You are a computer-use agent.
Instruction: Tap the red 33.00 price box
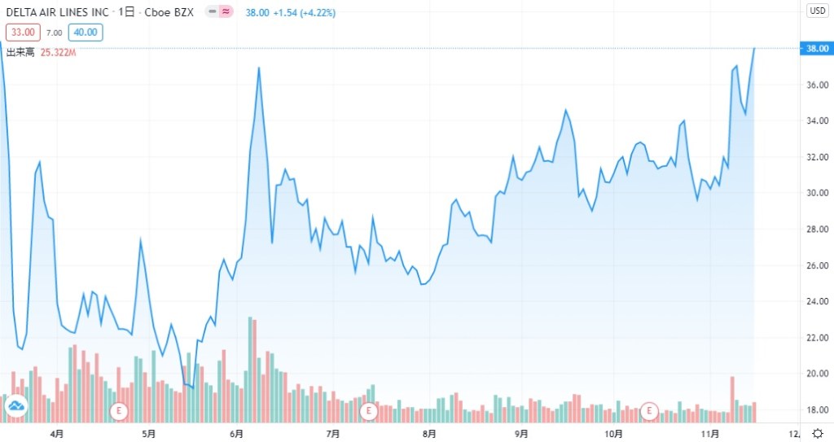click(22, 33)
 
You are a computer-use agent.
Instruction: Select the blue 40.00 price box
click(86, 33)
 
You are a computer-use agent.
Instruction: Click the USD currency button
click(817, 11)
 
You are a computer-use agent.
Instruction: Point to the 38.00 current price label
click(817, 49)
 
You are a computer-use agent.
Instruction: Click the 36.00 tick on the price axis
click(817, 85)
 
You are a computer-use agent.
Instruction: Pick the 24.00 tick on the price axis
click(817, 301)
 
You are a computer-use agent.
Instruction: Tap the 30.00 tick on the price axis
click(817, 193)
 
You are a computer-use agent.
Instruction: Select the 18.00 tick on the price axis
click(817, 409)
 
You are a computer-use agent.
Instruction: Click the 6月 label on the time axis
click(237, 433)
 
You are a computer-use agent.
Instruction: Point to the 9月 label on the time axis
click(521, 433)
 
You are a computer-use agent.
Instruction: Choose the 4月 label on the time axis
click(56, 433)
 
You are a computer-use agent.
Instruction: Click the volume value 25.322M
click(58, 52)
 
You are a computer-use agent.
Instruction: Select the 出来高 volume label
click(20, 52)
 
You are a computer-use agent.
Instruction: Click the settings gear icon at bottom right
click(818, 432)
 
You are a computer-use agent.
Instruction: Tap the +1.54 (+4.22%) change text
click(306, 13)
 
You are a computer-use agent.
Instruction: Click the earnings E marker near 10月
click(650, 411)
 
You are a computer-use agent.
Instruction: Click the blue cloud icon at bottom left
click(15, 409)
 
